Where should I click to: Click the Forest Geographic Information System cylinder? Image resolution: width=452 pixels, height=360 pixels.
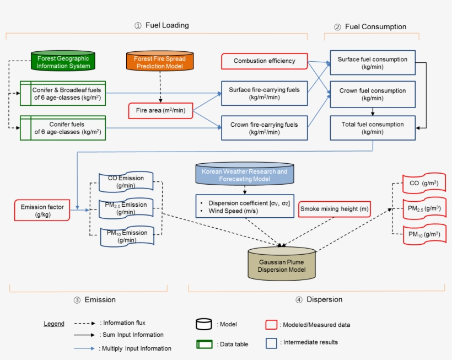click(63, 62)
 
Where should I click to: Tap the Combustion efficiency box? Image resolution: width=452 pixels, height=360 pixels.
click(264, 61)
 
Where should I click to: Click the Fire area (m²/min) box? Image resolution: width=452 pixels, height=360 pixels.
click(160, 111)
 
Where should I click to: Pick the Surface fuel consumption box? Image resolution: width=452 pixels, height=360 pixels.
click(373, 63)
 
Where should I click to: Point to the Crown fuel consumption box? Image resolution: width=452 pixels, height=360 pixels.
click(373, 94)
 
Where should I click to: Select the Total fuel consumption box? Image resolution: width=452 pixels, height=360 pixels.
click(373, 128)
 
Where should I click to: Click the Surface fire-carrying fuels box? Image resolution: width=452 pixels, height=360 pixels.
click(264, 93)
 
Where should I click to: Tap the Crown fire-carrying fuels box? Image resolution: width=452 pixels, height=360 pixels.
click(264, 128)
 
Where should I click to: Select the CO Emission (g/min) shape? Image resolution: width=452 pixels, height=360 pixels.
click(126, 182)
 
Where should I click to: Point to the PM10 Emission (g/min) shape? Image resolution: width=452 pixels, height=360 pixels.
click(127, 236)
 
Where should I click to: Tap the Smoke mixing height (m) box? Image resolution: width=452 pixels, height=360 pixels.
click(334, 209)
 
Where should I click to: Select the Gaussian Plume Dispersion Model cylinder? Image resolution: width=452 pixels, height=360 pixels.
click(282, 264)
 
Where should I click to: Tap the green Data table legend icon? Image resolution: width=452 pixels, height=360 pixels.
click(205, 344)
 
